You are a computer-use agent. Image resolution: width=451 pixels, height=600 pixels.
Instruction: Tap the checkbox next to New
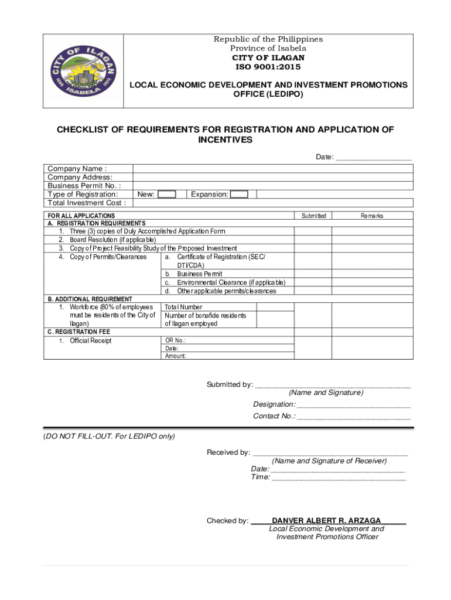tap(167, 195)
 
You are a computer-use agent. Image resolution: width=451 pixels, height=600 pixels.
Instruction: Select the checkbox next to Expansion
tap(239, 195)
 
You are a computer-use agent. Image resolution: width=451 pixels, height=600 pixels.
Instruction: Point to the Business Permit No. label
tap(84, 186)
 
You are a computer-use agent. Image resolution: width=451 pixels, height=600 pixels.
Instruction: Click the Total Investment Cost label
tap(87, 203)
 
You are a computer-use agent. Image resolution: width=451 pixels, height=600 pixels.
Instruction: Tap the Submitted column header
tap(313, 216)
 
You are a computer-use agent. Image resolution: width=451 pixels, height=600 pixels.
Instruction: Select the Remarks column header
tap(372, 216)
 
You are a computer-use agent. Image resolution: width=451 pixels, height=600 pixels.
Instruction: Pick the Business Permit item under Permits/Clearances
tap(199, 274)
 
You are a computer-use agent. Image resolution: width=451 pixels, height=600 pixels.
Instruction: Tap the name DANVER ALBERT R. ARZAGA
tap(326, 520)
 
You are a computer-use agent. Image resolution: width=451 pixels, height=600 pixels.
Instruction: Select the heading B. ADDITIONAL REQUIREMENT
tap(90, 299)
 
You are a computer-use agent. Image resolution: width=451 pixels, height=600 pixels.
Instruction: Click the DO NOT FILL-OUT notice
tap(109, 437)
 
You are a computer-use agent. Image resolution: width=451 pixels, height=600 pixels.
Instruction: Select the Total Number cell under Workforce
tap(183, 307)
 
